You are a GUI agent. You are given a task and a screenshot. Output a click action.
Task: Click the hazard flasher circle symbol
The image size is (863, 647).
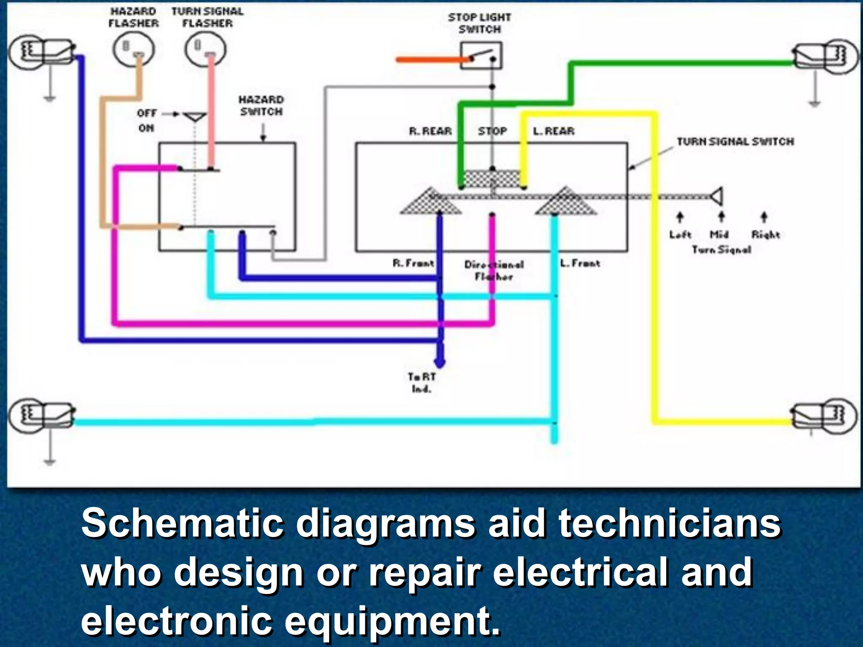click(133, 49)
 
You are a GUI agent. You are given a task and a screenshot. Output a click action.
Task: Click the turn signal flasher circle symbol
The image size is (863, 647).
click(205, 49)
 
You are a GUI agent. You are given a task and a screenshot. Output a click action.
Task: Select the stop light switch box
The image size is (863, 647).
click(481, 56)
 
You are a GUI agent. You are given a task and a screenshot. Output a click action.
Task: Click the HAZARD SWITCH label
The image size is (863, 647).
click(261, 105)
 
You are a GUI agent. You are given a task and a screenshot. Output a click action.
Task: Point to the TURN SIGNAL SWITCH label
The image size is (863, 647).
click(735, 142)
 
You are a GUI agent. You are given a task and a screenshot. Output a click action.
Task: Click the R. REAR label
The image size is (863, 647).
click(430, 131)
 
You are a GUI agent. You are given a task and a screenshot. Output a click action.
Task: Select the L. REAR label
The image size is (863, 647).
click(553, 131)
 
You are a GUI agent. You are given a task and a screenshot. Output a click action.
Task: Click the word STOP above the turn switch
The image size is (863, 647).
click(492, 131)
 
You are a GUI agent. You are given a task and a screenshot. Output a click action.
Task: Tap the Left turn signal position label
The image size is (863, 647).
click(680, 234)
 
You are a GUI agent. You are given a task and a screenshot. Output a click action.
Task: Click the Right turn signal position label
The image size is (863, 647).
click(765, 234)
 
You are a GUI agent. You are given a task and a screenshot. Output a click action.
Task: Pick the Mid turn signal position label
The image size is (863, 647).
click(719, 234)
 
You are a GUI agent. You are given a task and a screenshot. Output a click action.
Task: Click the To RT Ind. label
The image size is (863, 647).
click(421, 382)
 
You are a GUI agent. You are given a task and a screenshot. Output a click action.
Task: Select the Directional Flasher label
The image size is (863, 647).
click(494, 270)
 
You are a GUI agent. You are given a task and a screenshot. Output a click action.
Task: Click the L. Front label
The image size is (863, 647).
click(580, 263)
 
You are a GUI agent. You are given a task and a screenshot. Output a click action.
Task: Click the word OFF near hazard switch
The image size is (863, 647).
click(147, 113)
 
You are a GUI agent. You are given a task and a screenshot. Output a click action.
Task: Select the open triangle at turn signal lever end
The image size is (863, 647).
click(717, 196)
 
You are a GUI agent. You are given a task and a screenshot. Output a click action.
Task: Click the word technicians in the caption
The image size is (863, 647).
click(670, 524)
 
